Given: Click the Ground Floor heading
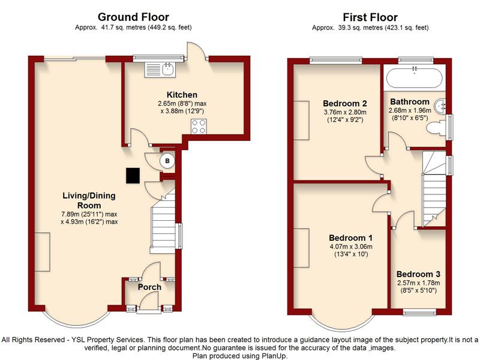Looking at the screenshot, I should point(133,17).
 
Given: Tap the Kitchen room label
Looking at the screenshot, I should point(182,95).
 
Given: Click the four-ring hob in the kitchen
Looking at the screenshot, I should point(199,127).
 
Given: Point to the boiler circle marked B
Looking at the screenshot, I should point(168,161).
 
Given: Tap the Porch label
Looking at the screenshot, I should point(149,287).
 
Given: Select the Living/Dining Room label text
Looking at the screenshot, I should point(89,200).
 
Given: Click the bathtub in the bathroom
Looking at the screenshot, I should point(414,78).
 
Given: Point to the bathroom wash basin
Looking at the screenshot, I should point(443,106).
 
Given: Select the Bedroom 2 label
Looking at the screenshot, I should point(344,102).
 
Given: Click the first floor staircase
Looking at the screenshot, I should point(433,189).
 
